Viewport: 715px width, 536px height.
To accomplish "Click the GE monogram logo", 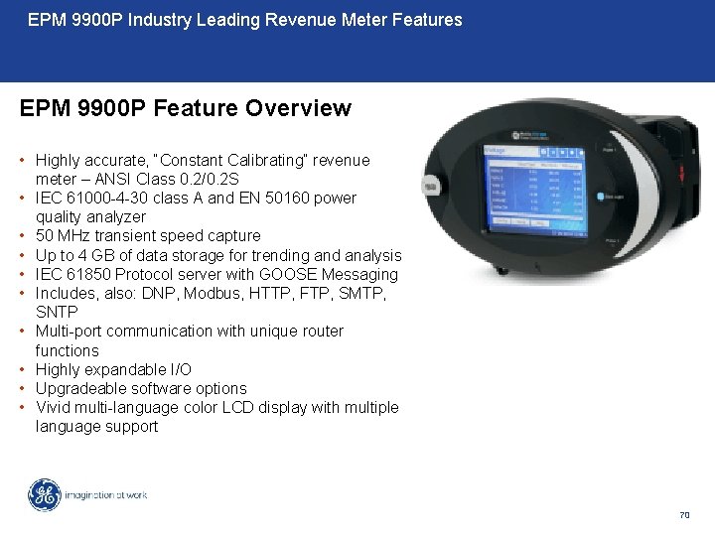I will [44, 495].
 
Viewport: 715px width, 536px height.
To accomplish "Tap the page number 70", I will [684, 515].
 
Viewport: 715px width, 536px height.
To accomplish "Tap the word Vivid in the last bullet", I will [54, 407].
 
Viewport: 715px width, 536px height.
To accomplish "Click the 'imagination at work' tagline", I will [106, 495].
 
